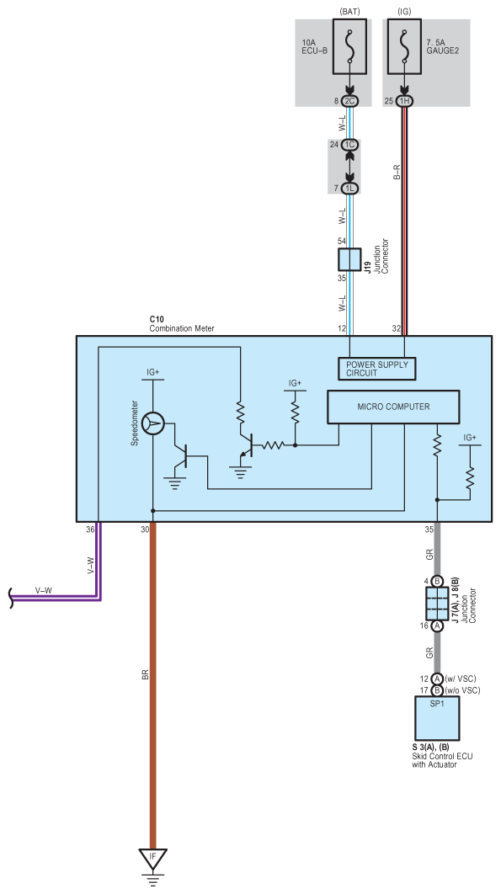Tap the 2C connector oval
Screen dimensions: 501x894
[349, 101]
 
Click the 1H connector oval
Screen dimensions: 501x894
[404, 101]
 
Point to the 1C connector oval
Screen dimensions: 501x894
[349, 145]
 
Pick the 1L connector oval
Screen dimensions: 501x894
[349, 188]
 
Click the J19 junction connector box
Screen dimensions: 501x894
[349, 259]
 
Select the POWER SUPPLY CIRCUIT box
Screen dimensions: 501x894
[377, 369]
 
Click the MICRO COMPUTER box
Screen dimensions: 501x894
[393, 407]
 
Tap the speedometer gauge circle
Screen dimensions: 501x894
[153, 423]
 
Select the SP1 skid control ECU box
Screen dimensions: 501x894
[436, 717]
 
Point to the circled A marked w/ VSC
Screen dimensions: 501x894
[437, 678]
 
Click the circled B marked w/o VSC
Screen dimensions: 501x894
[437, 690]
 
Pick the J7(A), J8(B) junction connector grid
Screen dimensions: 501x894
[437, 604]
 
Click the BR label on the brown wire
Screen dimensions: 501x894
[145, 675]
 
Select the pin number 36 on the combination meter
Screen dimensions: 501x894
[90, 529]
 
